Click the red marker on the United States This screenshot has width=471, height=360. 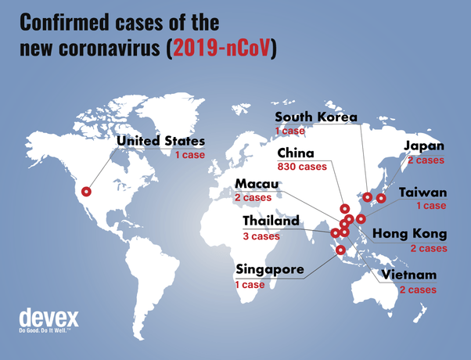[x=87, y=191]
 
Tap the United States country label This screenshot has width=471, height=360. [x=161, y=142]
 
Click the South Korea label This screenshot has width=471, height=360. [x=316, y=117]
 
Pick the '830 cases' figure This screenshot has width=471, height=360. [x=302, y=167]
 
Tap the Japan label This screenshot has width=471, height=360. [x=423, y=146]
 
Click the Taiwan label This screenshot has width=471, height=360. [x=422, y=193]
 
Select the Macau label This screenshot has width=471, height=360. [x=254, y=185]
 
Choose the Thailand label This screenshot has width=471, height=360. [x=271, y=221]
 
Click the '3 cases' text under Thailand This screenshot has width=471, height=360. [x=261, y=236]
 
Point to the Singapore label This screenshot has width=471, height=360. [x=270, y=270]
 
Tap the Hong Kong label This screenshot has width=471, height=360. [x=409, y=234]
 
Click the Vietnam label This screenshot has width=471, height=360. [x=407, y=275]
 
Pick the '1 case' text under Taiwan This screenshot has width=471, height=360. [x=430, y=206]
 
